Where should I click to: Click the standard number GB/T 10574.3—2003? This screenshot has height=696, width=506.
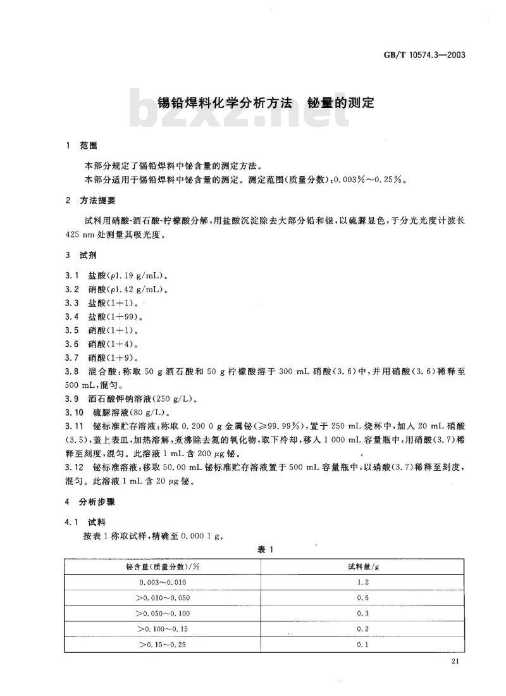point(433,55)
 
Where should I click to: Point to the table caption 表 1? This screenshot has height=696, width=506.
point(264,549)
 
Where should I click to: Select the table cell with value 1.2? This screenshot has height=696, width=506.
point(363,582)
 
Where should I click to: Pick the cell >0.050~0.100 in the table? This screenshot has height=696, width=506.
point(163,613)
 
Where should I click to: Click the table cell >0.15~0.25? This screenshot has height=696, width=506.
point(163,644)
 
